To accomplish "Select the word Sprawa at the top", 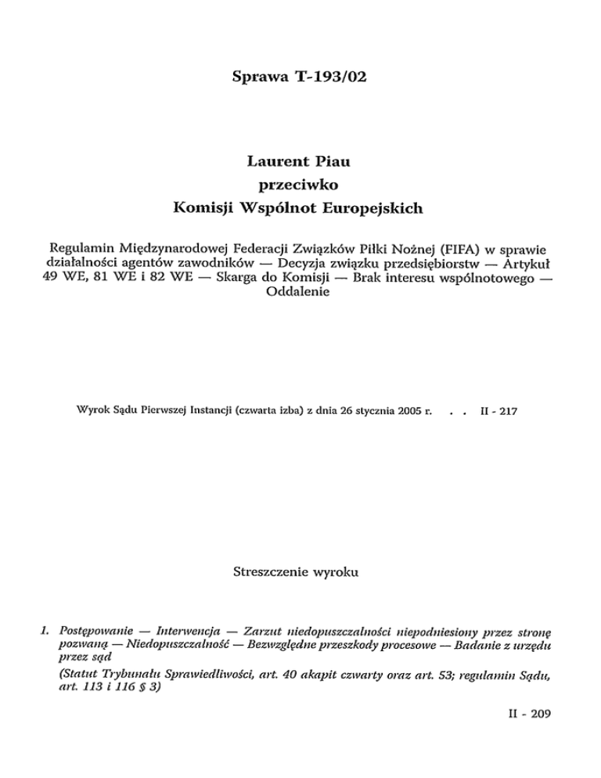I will (x=259, y=77).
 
